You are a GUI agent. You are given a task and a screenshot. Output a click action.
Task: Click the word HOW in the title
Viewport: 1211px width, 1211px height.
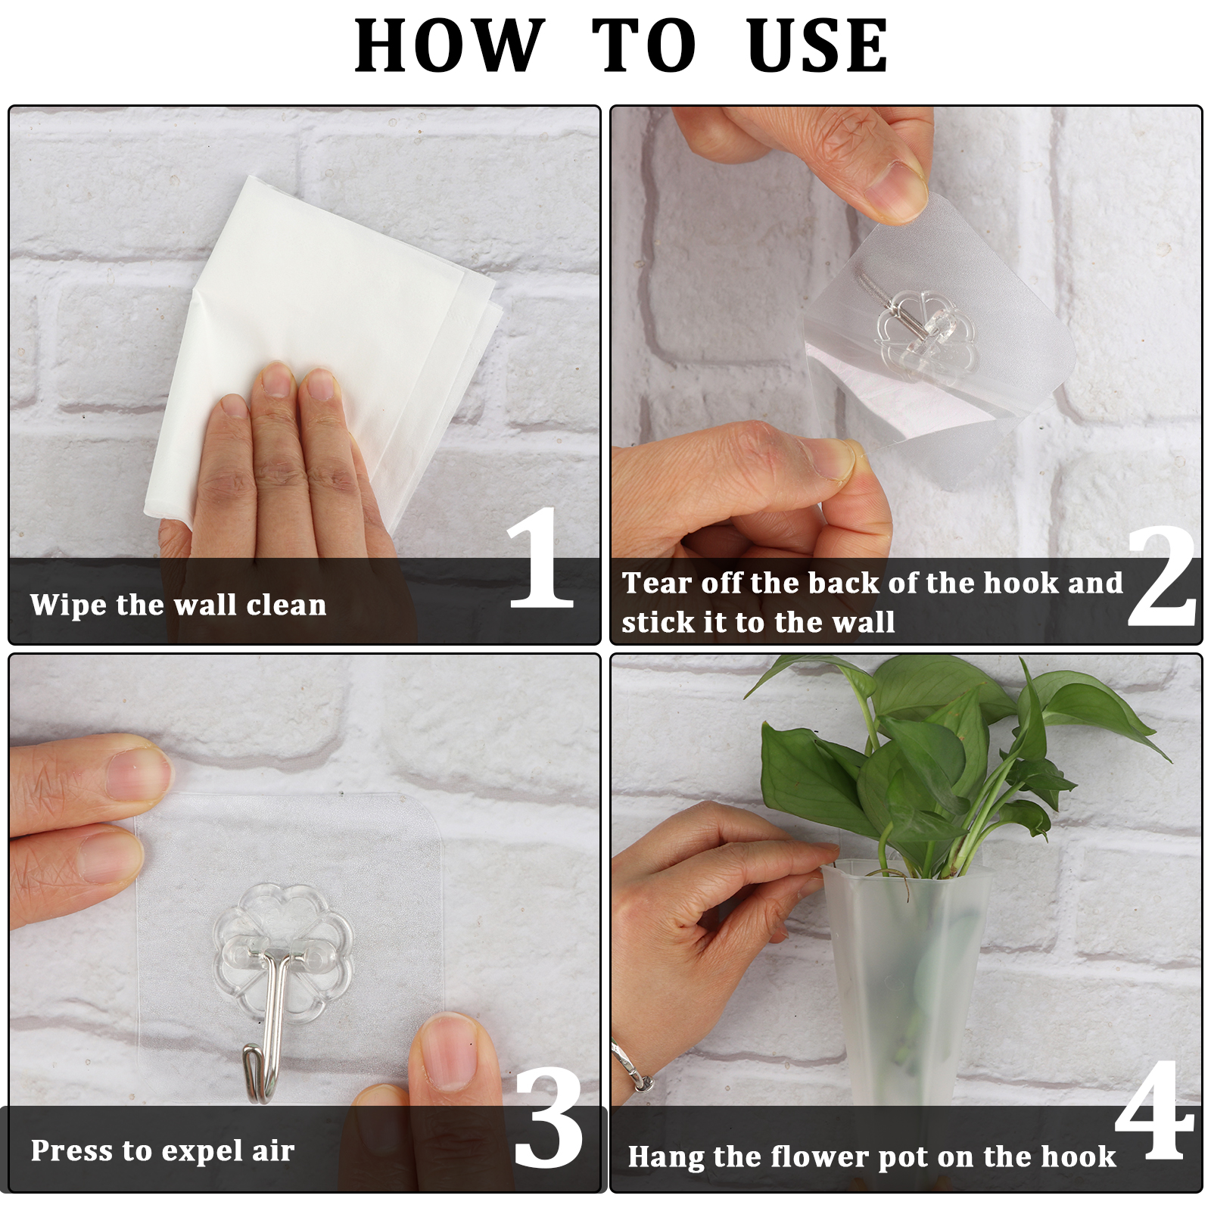coord(450,45)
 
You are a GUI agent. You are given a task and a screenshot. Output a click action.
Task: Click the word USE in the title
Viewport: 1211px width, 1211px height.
coord(817,45)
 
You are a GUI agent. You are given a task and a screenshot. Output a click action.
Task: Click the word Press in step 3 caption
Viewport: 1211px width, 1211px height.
coord(72,1150)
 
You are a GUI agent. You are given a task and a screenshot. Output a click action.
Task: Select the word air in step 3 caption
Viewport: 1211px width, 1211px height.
coord(273,1150)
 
